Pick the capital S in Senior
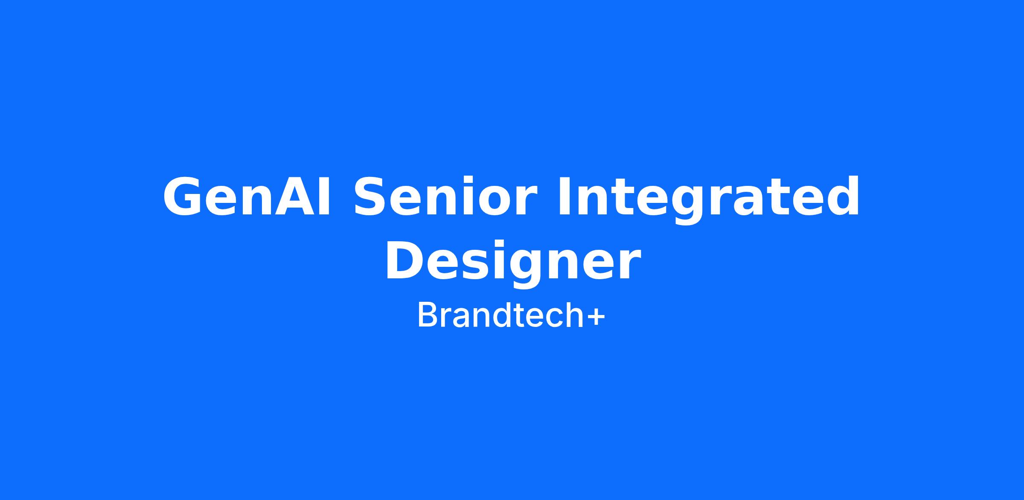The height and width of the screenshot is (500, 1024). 370,196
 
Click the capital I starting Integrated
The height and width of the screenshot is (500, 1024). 564,197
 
